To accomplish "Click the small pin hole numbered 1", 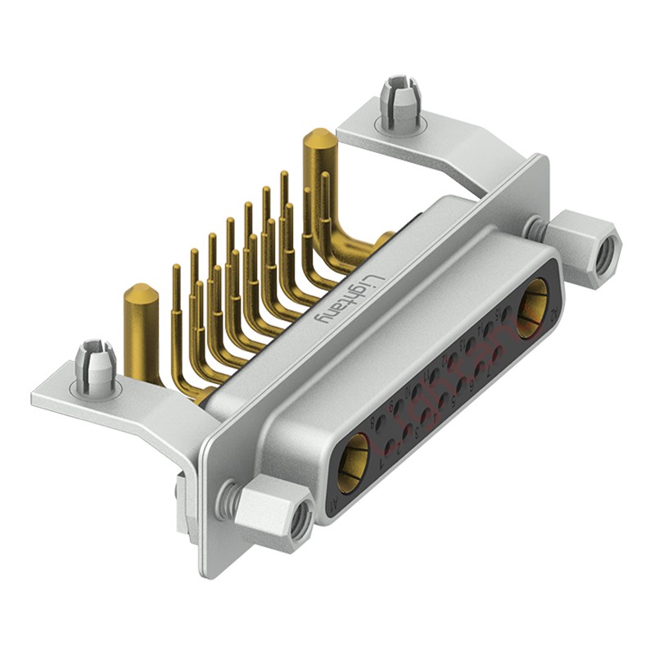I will click(x=390, y=446).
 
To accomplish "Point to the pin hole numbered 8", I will click(x=381, y=422).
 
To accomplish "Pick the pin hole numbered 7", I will click(x=498, y=353).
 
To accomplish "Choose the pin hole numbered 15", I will click(x=507, y=314).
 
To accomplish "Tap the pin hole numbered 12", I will click(x=453, y=360).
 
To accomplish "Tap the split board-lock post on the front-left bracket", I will click(x=97, y=365).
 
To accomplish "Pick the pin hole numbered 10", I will click(x=416, y=391).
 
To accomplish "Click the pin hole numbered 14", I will click(x=489, y=328).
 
